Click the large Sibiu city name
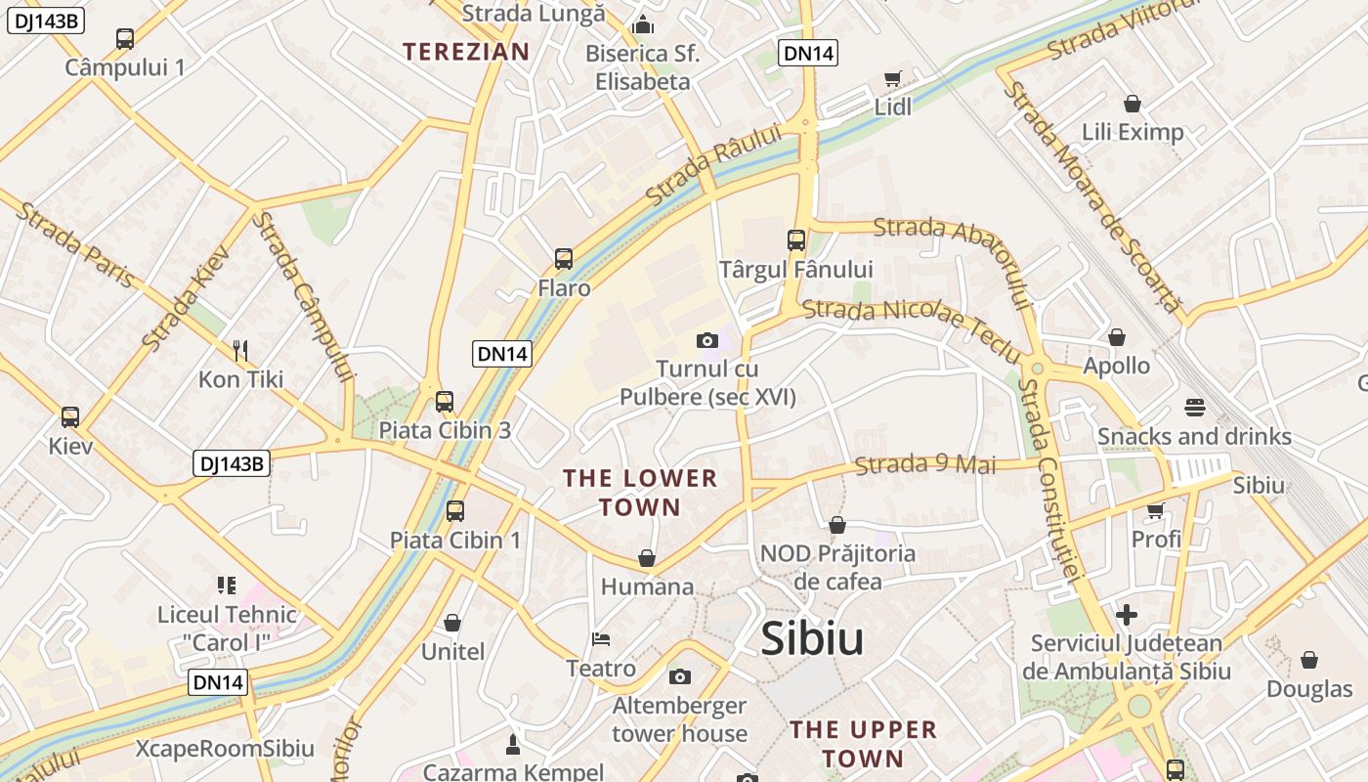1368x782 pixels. point(812,639)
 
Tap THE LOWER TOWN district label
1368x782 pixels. point(640,493)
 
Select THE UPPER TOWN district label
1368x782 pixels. point(863,744)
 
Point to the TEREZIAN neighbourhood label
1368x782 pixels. point(466,52)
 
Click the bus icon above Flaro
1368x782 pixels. point(564,259)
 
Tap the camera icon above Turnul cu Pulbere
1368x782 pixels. point(707,340)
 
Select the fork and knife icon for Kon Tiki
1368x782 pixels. point(240,350)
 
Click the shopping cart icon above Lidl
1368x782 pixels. point(892,78)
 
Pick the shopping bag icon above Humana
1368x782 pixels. point(647,558)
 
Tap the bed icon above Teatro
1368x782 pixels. point(601,639)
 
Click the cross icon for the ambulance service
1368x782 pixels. point(1127,615)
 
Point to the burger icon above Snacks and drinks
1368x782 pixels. point(1194,407)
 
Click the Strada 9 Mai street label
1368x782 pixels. point(925,464)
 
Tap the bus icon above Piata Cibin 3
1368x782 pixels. point(445,401)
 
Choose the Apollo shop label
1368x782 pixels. point(1116,367)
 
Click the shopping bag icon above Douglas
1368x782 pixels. point(1309,660)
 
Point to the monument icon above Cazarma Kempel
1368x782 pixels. point(512,745)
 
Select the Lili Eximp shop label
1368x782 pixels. point(1133,132)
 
